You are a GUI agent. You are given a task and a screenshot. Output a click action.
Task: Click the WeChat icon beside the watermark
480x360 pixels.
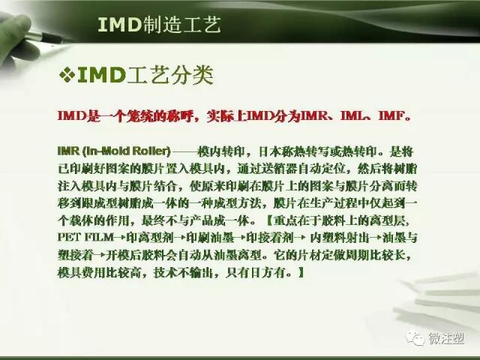pos(415,339)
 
